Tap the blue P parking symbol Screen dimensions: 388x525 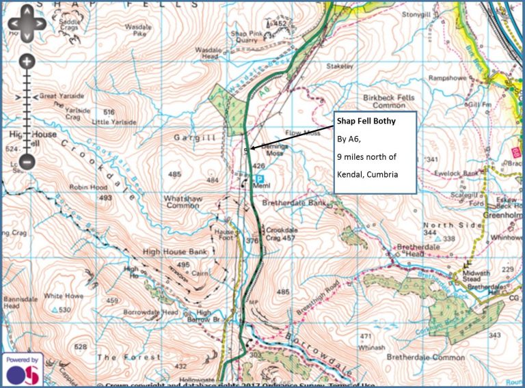pyautogui.click(x=260, y=178)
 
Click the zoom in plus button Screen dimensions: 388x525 pyautogui.click(x=27, y=62)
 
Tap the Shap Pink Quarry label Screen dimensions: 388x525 pyautogui.click(x=247, y=37)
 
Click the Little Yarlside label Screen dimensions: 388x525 pyautogui.click(x=111, y=122)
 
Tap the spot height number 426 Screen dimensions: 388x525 pyautogui.click(x=258, y=166)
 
